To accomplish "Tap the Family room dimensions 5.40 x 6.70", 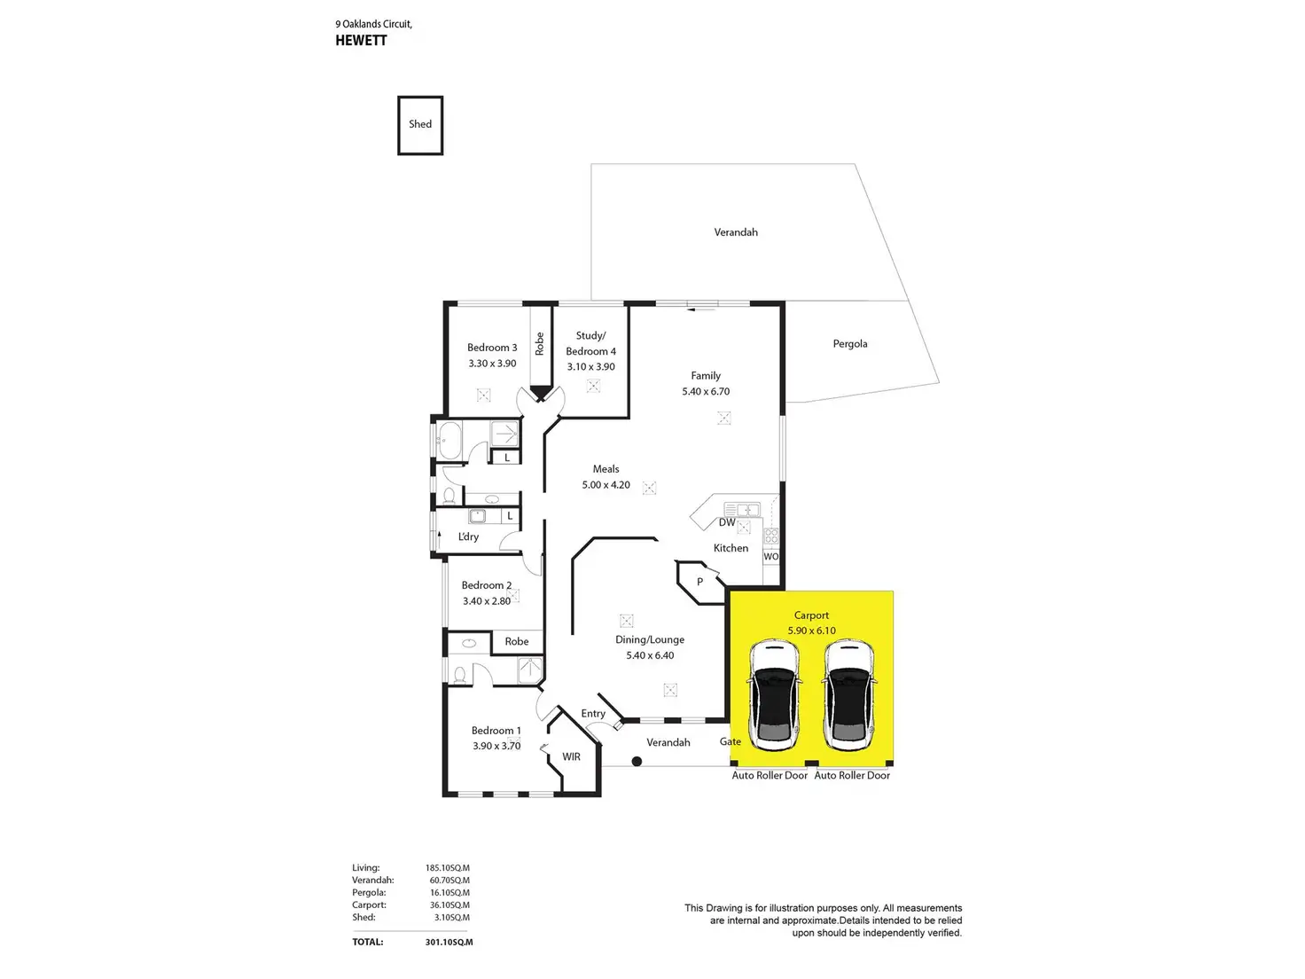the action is point(705,391).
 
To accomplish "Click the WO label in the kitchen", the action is point(770,556).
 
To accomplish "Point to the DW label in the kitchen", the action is point(726,522).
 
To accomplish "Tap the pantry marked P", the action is point(699,582).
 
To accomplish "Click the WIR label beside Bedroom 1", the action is point(571,756).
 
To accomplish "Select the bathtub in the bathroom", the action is point(449,441).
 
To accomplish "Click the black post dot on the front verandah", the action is point(637,761).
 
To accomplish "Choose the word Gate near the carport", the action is point(730,741).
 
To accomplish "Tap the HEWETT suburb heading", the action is point(361,41).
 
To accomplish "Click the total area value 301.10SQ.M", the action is point(449,942).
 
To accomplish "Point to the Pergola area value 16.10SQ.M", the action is point(449,892).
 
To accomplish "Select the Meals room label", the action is point(606,468).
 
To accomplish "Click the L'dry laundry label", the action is point(468,536).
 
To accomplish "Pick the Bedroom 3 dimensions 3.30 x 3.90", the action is point(492,364).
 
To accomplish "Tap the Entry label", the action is point(593,713).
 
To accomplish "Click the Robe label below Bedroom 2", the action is point(516,641).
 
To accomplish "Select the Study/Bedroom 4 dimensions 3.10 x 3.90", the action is point(590,367).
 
